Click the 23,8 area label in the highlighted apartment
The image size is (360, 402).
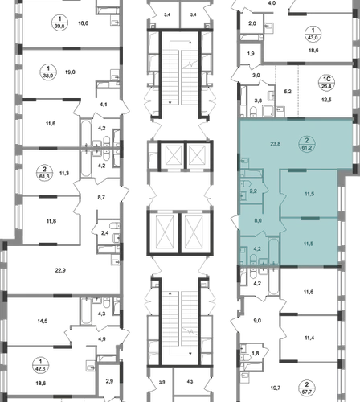coord(276,144)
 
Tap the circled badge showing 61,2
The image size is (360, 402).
coord(307,144)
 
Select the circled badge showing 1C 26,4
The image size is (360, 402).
coord(327,82)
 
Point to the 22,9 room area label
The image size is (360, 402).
coord(60,270)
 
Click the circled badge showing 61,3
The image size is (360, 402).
coord(44,173)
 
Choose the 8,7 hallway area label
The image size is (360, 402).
coord(101,197)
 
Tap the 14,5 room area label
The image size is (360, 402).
coord(43,321)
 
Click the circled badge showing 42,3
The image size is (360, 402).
coord(40,365)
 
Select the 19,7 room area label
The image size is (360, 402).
coord(276,388)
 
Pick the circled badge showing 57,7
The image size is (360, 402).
coord(307,388)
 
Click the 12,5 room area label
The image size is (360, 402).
coord(326,100)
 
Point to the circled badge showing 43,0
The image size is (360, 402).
coord(313,34)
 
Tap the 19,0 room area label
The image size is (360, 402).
coord(70,72)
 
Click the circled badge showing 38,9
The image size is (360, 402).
coord(48,72)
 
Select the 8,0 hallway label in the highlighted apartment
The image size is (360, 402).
coord(258,221)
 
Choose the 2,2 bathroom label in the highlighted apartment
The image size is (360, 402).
coord(253,191)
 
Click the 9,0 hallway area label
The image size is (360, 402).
coord(257,321)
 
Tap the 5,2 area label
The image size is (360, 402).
coord(288,92)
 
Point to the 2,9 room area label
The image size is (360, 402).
coord(109,381)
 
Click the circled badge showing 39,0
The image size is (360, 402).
coord(59,23)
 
